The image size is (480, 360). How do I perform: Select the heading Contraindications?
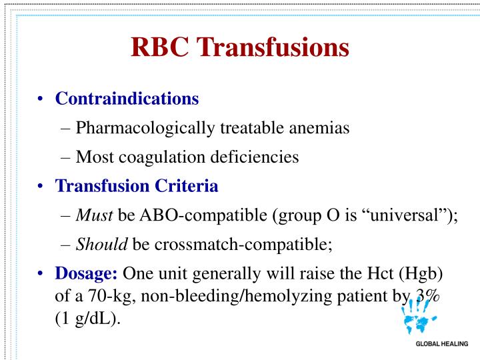(x=127, y=99)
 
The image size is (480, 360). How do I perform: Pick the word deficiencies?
(x=258, y=157)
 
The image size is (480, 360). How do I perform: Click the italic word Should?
(x=95, y=245)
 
